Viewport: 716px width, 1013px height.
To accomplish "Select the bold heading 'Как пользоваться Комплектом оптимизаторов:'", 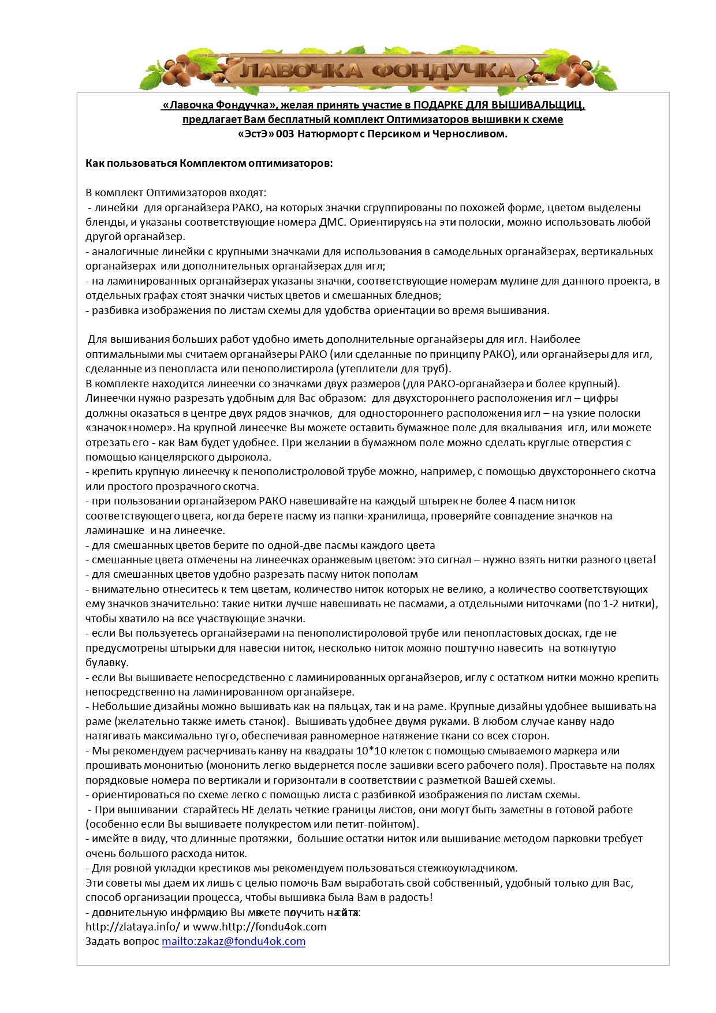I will [x=209, y=163].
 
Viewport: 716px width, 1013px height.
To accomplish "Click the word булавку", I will [x=107, y=663].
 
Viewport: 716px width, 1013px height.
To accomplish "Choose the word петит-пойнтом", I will [x=379, y=824].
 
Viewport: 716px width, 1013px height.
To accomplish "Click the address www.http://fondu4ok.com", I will [x=259, y=927].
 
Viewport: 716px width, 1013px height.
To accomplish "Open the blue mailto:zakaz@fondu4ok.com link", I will [x=233, y=941].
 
